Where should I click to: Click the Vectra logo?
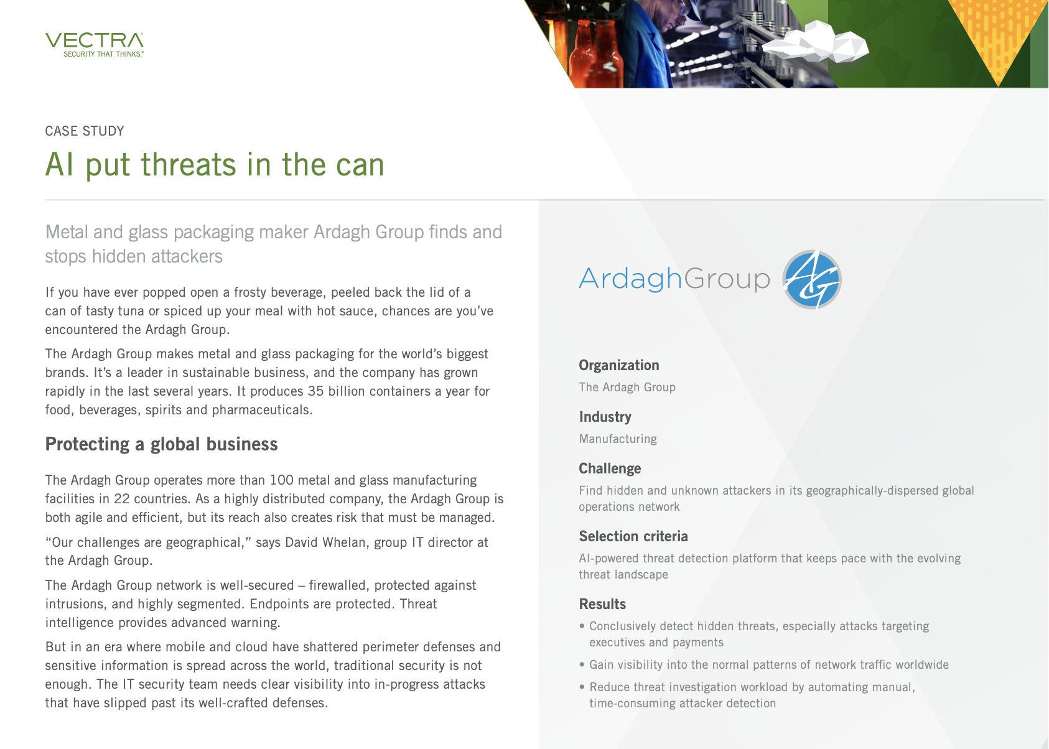(95, 45)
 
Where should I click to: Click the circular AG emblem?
(812, 279)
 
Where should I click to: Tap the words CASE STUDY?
(85, 131)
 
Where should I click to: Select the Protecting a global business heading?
(162, 444)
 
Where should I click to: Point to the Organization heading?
(619, 365)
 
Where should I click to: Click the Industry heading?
(605, 417)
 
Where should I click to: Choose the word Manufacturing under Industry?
(618, 439)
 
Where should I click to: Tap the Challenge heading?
(610, 468)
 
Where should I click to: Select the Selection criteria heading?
(633, 536)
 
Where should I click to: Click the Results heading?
(602, 604)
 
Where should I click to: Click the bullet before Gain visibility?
(582, 665)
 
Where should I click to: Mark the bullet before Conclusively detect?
(582, 626)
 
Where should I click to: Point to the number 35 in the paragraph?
(315, 391)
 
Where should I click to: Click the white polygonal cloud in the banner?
(816, 42)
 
